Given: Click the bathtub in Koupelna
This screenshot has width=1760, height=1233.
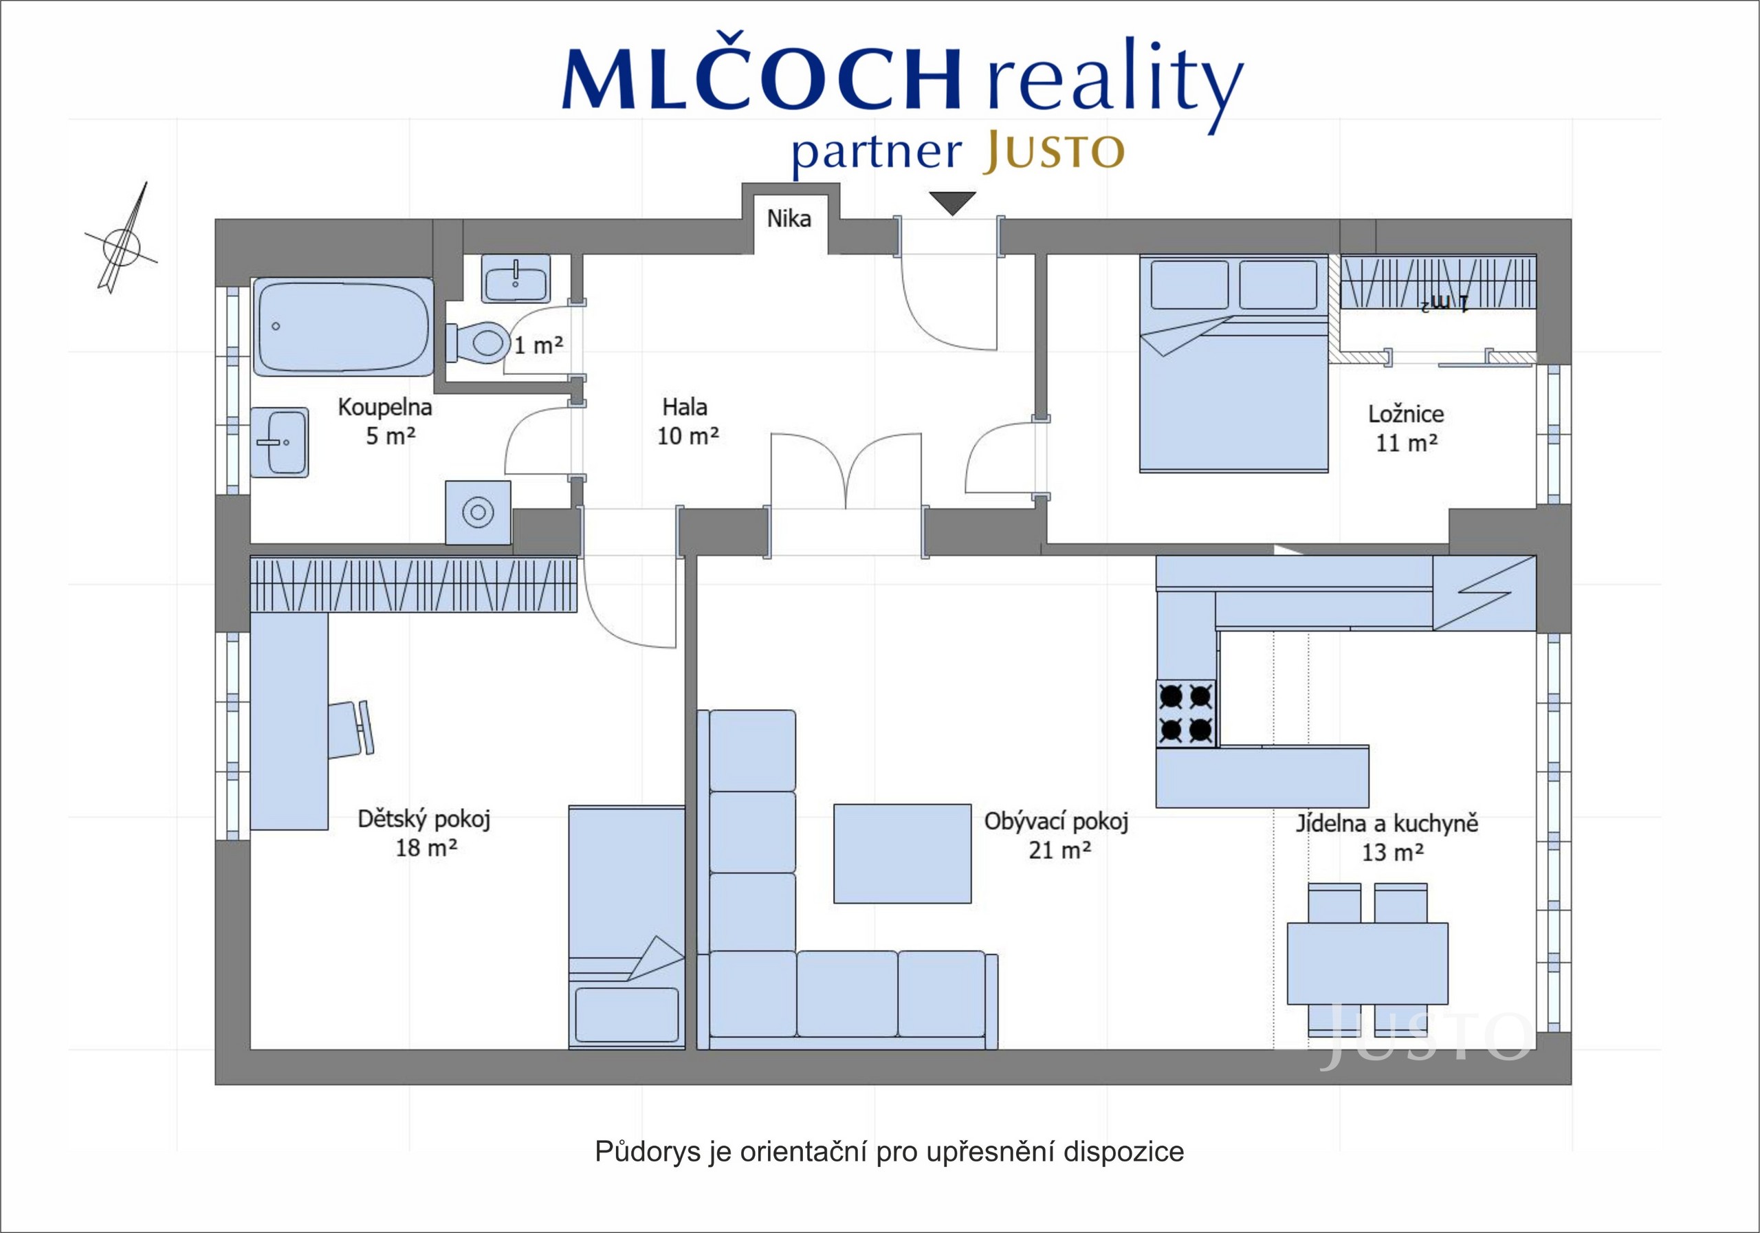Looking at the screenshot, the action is pyautogui.click(x=342, y=327).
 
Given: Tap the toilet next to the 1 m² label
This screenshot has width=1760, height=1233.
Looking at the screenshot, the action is pyautogui.click(x=478, y=342).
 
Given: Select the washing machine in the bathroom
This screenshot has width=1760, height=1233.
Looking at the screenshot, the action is pyautogui.click(x=478, y=512).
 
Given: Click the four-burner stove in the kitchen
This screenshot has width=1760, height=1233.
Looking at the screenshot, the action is pyautogui.click(x=1186, y=713).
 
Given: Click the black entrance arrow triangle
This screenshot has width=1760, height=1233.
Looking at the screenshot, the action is pyautogui.click(x=952, y=203).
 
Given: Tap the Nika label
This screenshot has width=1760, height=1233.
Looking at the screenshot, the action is pyautogui.click(x=789, y=219).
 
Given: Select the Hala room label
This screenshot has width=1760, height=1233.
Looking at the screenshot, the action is pyautogui.click(x=685, y=406).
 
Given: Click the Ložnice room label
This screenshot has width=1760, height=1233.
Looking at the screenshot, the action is pyautogui.click(x=1406, y=414).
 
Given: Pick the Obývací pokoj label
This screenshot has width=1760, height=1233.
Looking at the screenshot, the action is pyautogui.click(x=1056, y=822).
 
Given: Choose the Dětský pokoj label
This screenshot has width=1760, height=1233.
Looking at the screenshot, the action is pyautogui.click(x=424, y=819).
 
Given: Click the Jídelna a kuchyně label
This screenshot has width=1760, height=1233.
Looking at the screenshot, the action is pyautogui.click(x=1387, y=824).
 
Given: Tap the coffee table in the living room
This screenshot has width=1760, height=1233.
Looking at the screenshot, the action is pyautogui.click(x=902, y=853).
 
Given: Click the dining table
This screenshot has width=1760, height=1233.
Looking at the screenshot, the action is pyautogui.click(x=1367, y=963).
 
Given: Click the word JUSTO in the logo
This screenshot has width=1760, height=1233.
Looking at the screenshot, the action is pyautogui.click(x=1054, y=151).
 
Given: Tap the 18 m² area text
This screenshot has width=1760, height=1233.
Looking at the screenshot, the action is pyautogui.click(x=426, y=848).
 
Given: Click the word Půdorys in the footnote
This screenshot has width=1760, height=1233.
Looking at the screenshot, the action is pyautogui.click(x=648, y=1152).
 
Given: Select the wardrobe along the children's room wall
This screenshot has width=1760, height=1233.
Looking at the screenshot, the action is pyautogui.click(x=414, y=585).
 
